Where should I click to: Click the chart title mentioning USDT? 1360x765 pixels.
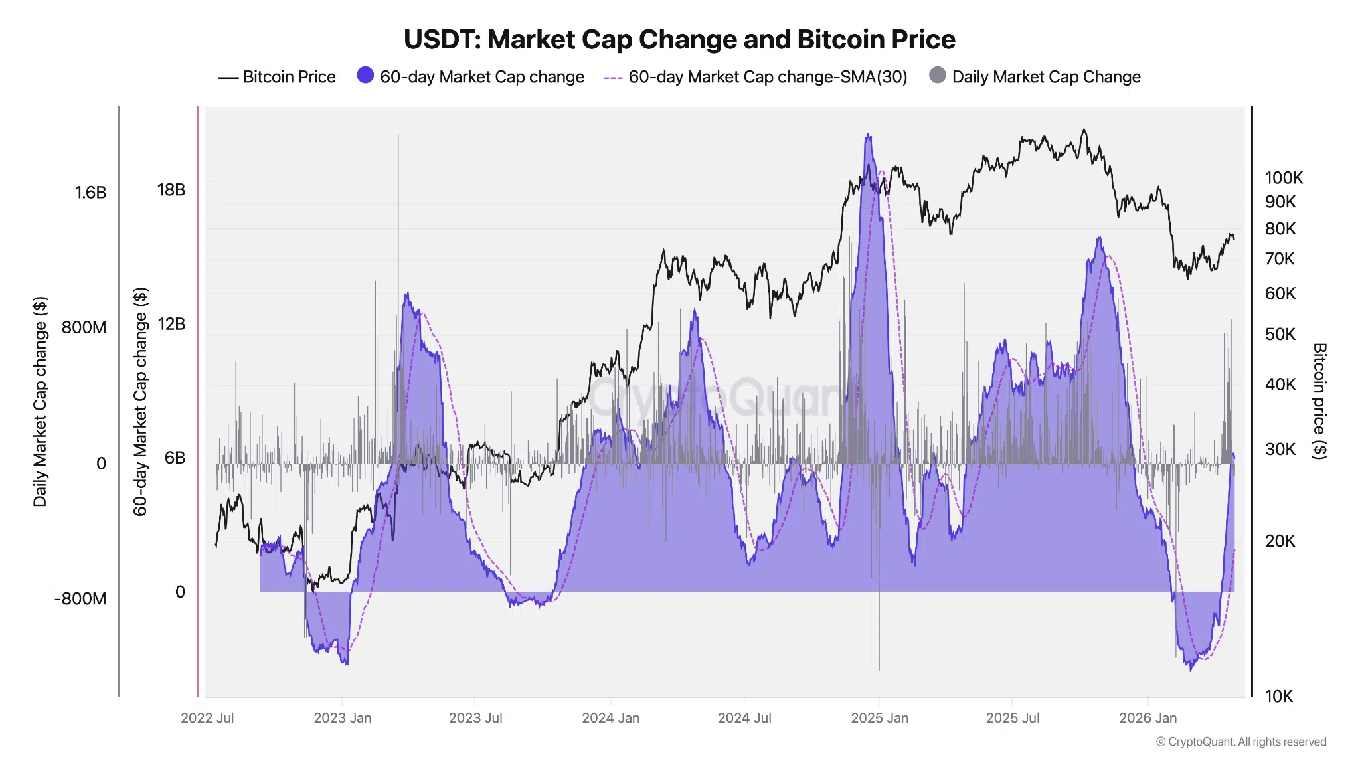(x=679, y=40)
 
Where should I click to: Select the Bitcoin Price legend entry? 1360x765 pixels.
(x=277, y=77)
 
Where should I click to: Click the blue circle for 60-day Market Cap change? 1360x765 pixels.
(x=365, y=75)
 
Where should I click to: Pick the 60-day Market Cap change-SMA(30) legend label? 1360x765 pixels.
(x=767, y=77)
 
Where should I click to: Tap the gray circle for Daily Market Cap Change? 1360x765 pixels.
(x=937, y=75)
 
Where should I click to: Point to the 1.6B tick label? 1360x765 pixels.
(x=90, y=193)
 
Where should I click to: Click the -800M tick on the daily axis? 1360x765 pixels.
(x=80, y=598)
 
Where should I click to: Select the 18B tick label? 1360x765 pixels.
(x=171, y=190)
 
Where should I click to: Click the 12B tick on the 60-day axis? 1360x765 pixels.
(x=171, y=324)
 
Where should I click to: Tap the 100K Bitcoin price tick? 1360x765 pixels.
(x=1283, y=178)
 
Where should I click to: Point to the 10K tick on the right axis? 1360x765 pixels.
(x=1278, y=696)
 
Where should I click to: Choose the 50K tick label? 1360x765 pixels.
(x=1280, y=334)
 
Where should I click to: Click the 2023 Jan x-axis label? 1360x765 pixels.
(x=342, y=718)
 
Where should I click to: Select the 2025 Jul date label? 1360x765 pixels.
(x=1012, y=718)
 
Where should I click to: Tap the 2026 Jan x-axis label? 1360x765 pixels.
(x=1147, y=718)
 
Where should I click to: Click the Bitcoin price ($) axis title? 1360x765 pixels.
(x=1319, y=400)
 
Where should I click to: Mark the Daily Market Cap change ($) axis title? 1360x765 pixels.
(x=40, y=401)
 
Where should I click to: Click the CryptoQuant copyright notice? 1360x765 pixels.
(x=1240, y=742)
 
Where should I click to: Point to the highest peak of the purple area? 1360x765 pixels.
(x=868, y=135)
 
